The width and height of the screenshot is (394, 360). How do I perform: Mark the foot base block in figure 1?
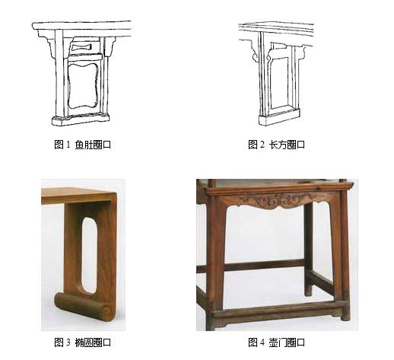click(81, 119)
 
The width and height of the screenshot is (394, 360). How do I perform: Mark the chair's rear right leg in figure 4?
click(309, 251)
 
